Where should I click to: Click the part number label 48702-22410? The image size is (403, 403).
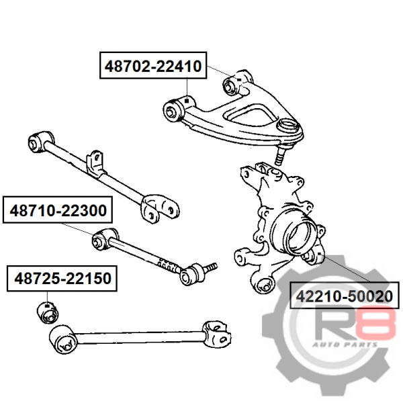(x=153, y=66)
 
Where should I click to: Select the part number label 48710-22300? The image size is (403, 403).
(x=58, y=210)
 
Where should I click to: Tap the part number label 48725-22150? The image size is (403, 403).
(x=62, y=278)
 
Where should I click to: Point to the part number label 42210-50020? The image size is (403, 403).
(x=345, y=296)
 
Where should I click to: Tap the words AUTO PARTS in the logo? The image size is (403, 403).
(x=345, y=344)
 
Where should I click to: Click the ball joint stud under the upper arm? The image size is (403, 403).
(x=279, y=156)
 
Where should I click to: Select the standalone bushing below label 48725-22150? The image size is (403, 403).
(x=48, y=312)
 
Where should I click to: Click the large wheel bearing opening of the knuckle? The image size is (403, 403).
(x=298, y=237)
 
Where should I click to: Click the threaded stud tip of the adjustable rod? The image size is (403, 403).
(x=212, y=266)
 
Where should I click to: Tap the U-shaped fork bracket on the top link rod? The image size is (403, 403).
(x=160, y=209)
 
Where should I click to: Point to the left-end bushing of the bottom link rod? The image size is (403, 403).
(x=62, y=339)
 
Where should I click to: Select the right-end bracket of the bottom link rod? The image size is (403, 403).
(x=216, y=334)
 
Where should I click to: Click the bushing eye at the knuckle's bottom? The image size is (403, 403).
(x=263, y=285)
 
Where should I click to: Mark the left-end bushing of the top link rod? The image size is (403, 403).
(x=40, y=142)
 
